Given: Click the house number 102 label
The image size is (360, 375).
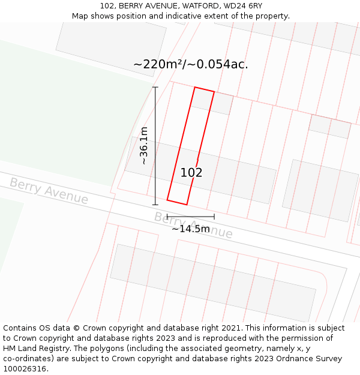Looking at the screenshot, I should pos(191,173).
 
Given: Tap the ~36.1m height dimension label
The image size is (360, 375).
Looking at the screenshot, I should pos(144,146).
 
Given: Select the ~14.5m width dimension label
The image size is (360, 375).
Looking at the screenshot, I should pos(191,229).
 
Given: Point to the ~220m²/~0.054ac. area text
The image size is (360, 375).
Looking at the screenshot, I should pos(190,64).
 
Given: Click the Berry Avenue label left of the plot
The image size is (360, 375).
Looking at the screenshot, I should pos(49,191).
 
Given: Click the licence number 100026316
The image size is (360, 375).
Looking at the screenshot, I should pos(23,369).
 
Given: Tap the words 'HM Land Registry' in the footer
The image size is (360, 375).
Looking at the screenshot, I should pos(36,349).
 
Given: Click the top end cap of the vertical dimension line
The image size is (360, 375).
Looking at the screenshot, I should pos(155,88).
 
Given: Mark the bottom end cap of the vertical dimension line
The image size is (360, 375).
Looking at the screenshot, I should pos(155,205).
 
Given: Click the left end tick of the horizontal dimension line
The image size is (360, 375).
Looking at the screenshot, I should pos(167,217).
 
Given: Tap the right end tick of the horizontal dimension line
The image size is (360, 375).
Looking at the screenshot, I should pos(214,217).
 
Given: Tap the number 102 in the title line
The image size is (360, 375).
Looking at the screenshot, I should pos(107,6).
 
